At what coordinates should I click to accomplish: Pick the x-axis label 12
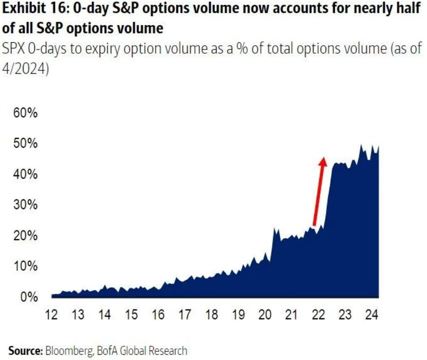pos(51,315)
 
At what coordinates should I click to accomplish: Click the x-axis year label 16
pos(158,315)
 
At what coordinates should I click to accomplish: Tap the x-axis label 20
pos(264,315)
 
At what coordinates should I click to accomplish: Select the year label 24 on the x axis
pos(371,315)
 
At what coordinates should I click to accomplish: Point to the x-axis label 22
pos(318,315)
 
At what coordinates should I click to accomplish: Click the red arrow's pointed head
pos(323,161)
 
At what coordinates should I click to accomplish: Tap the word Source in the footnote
pos(25,351)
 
